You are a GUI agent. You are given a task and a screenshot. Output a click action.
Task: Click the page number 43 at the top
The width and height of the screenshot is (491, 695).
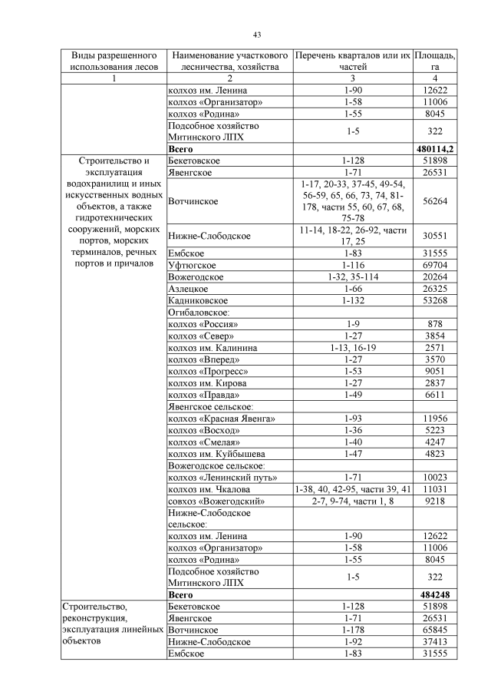[x=257, y=34]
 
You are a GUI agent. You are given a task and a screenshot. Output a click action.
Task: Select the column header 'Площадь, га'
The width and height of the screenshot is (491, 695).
[x=434, y=61]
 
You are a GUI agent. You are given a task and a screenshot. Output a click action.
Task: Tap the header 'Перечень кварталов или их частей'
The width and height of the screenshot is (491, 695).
[x=352, y=61]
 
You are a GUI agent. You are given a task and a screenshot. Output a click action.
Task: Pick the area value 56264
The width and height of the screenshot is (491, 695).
[x=434, y=201]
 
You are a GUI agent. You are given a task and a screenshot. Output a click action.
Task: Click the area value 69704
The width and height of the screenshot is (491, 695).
[x=434, y=264]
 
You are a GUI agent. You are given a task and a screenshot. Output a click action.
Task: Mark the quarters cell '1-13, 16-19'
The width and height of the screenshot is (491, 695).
[x=352, y=349]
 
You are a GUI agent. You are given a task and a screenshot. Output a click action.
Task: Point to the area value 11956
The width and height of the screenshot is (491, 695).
[x=434, y=418]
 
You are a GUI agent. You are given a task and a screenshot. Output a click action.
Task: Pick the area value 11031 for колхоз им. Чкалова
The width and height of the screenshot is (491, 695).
[x=434, y=489]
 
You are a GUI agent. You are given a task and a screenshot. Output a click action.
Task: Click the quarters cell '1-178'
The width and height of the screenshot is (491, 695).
[x=352, y=630]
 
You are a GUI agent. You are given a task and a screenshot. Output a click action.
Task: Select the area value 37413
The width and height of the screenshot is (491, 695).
[x=434, y=641]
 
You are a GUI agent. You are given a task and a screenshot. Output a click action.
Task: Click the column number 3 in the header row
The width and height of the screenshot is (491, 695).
[x=352, y=78]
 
